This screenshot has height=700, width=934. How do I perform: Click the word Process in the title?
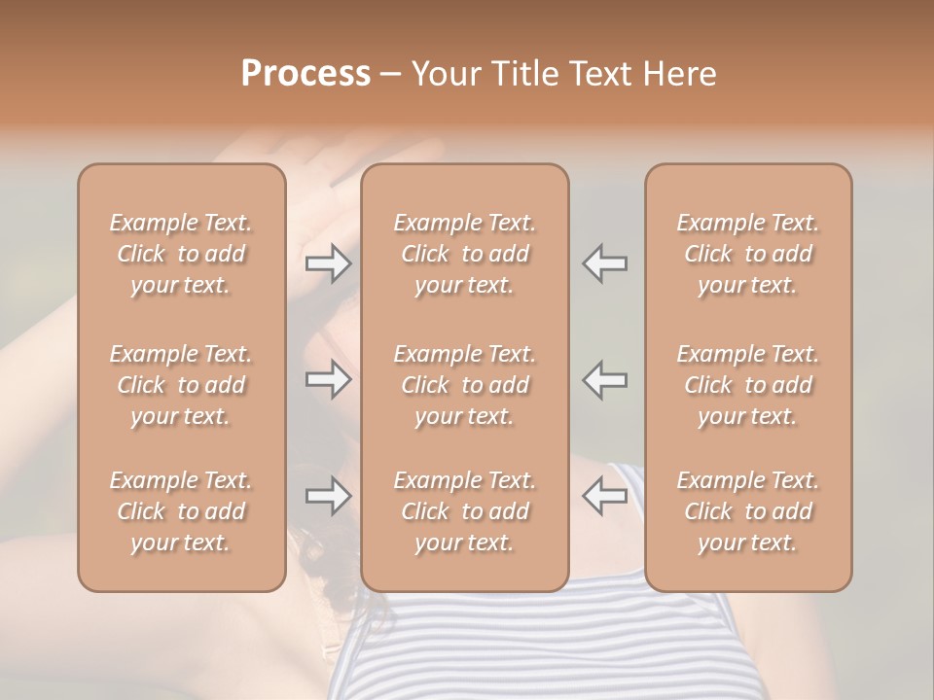(305, 74)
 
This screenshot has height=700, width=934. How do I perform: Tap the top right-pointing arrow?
(328, 263)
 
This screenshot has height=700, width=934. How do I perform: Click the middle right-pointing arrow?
(328, 379)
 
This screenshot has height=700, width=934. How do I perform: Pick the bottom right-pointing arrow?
(328, 496)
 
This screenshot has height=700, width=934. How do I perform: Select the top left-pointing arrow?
(605, 263)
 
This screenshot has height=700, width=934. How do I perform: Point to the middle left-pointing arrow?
(605, 379)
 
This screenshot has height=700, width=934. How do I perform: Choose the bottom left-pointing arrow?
(605, 496)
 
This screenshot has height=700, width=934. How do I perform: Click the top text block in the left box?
(181, 254)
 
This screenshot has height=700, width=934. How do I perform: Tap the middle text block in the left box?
(181, 385)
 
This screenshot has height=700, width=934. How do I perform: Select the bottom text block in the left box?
(181, 511)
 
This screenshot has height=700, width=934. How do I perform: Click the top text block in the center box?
(465, 254)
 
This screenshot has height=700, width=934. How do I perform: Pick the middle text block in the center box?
(465, 385)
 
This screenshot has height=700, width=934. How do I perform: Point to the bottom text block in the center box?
(465, 511)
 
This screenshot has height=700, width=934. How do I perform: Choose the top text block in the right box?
(748, 254)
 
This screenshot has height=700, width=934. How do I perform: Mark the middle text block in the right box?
(748, 385)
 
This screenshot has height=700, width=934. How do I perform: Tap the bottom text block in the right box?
(748, 511)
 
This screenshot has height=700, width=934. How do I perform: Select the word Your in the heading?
(443, 74)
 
